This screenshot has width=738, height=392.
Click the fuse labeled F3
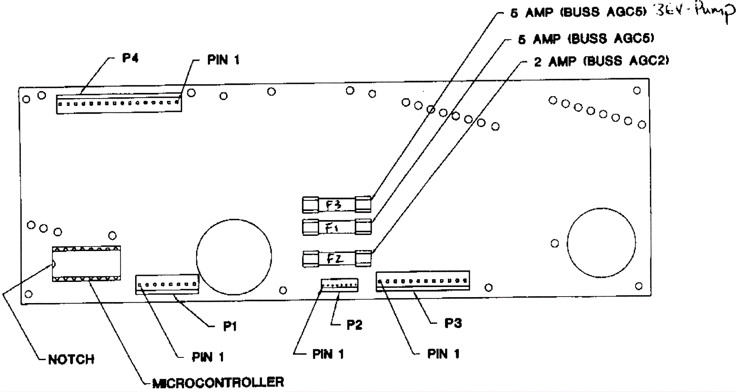coord(336,205)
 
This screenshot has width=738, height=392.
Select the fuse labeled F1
coord(337,227)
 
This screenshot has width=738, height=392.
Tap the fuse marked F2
coord(337,259)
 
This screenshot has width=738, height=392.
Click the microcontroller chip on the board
coord(86,263)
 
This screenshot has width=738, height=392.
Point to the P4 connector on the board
coord(119,104)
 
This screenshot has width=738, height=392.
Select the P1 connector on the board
coord(167,285)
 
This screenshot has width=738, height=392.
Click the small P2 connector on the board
coord(339,285)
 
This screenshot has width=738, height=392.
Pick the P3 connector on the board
coord(423,281)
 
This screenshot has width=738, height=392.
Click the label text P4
coord(130,58)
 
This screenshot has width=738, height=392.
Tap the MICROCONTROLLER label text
coord(218,382)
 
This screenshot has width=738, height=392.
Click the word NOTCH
coord(71,359)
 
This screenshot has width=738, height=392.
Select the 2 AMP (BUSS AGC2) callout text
coord(601,61)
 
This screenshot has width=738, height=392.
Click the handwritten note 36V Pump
coord(694,12)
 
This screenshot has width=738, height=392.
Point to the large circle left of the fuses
coord(234,256)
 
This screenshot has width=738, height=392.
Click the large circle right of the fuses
coord(601,242)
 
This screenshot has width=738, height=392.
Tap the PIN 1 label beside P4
coord(223,60)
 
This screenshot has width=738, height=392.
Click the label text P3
coord(453,323)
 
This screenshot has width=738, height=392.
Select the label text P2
coord(354,325)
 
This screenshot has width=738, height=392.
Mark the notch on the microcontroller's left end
coord(54,264)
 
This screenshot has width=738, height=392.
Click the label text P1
coord(230,327)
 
